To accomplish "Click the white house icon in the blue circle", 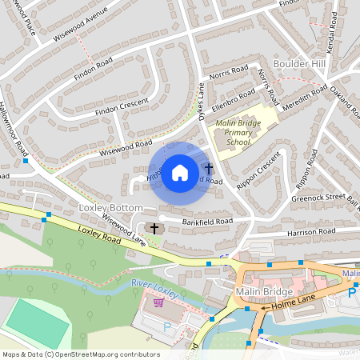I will click(180, 172).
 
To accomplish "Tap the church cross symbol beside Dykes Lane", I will click(209, 169).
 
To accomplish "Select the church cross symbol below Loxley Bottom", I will click(154, 229).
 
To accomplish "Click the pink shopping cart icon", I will click(158, 302).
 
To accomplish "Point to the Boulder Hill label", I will click(300, 63).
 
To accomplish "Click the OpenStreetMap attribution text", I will click(80, 354).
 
